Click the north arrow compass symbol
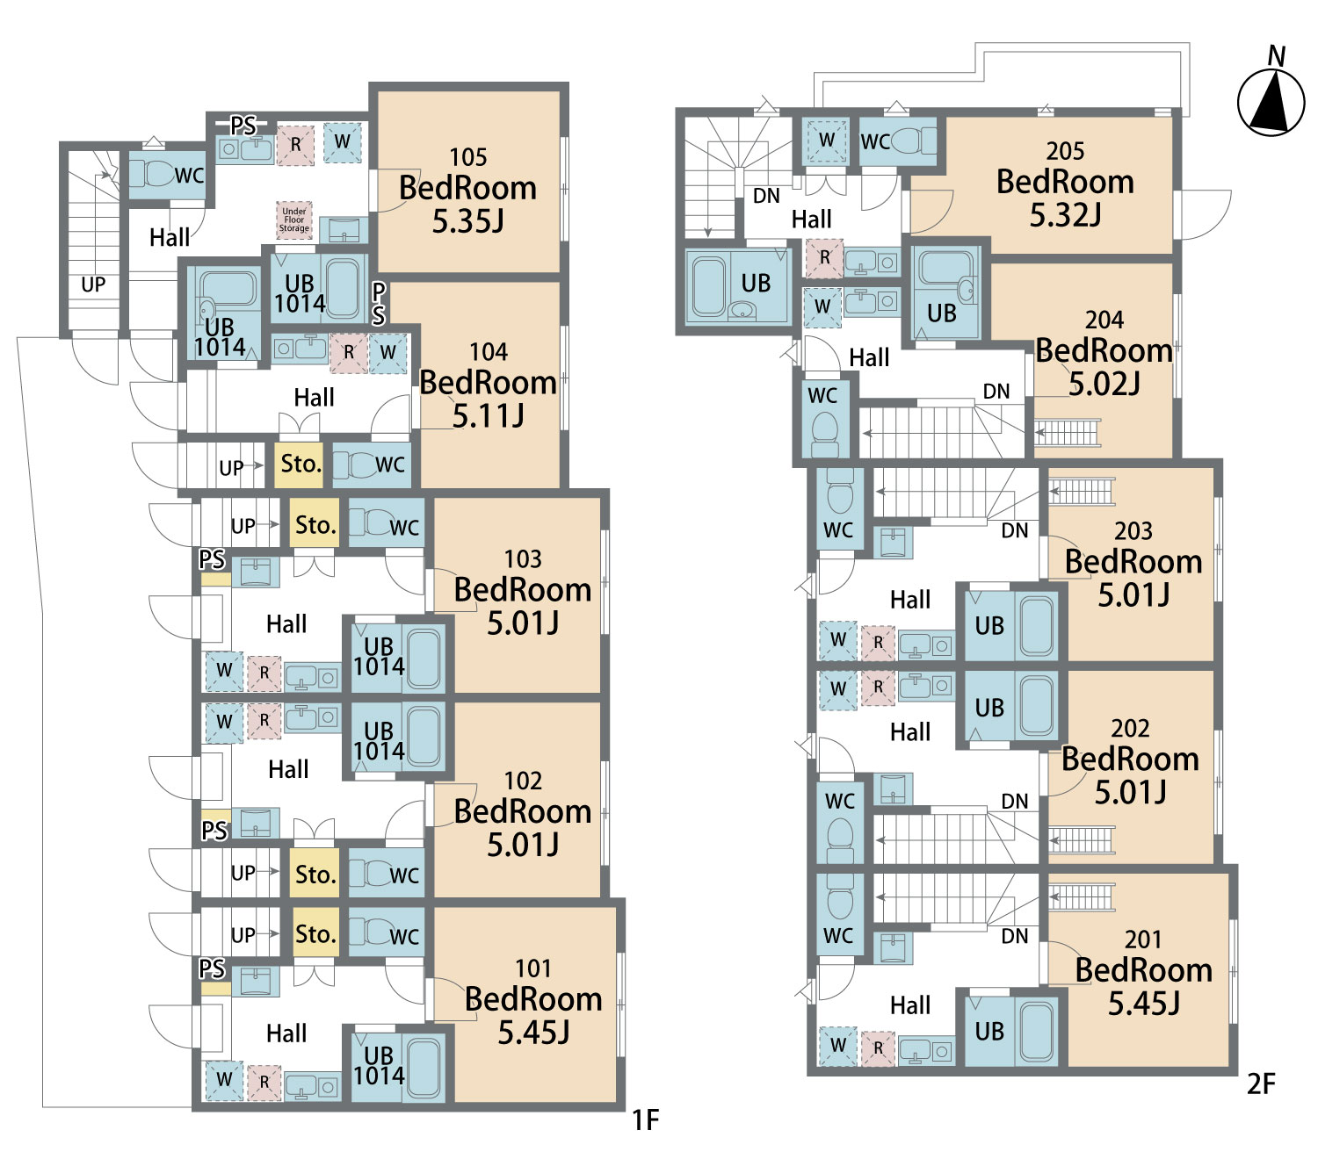(x=1271, y=103)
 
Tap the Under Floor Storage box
(x=294, y=220)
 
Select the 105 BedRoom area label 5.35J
(x=467, y=220)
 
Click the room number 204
(x=1104, y=320)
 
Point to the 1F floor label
(x=646, y=1120)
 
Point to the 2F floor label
(x=1261, y=1084)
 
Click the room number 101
(x=533, y=968)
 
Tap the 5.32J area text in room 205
(x=1065, y=215)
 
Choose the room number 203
(x=1133, y=531)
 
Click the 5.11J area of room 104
(x=488, y=415)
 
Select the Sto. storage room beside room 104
(x=300, y=464)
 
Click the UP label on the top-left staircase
(x=93, y=284)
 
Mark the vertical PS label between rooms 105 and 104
(x=379, y=304)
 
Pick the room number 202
(x=1130, y=729)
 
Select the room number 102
(x=523, y=781)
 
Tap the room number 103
(x=523, y=559)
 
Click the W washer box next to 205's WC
(x=826, y=140)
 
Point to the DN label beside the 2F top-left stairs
(x=766, y=196)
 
